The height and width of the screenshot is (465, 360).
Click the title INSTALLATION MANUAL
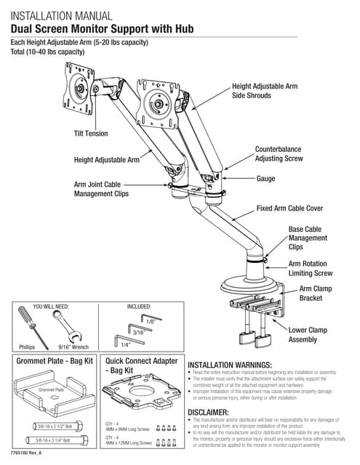(61, 15)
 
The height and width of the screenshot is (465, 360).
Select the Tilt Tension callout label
(90, 134)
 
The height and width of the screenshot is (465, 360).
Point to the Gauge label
(265, 179)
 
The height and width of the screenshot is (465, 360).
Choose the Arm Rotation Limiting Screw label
(311, 269)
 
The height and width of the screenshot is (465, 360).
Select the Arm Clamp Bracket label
(319, 294)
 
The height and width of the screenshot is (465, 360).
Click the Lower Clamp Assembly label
(308, 335)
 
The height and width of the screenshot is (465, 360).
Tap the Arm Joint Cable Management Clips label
(101, 189)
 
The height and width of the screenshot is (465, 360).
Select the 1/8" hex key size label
(150, 320)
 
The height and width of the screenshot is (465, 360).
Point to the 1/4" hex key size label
(126, 344)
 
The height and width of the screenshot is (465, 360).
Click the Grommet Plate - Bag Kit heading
(55, 360)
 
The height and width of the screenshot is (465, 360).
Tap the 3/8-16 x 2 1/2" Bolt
(55, 426)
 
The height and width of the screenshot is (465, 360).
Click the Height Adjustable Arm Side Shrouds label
(264, 90)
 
